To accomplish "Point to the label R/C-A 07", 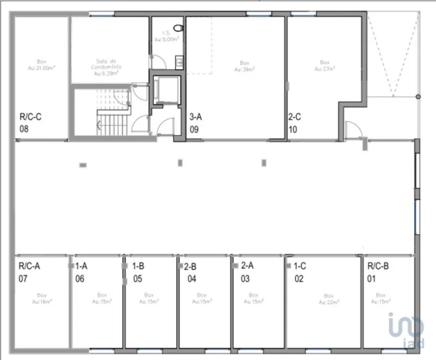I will click(x=29, y=272).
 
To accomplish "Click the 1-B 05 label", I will click(x=138, y=272).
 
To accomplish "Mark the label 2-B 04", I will click(x=191, y=272).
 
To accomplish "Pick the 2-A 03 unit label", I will click(x=247, y=272).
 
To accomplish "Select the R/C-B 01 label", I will click(x=378, y=272).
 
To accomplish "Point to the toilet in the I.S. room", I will click(x=179, y=28).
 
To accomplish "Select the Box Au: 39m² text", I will click(x=246, y=66).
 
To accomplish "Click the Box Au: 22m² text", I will click(x=328, y=298).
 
